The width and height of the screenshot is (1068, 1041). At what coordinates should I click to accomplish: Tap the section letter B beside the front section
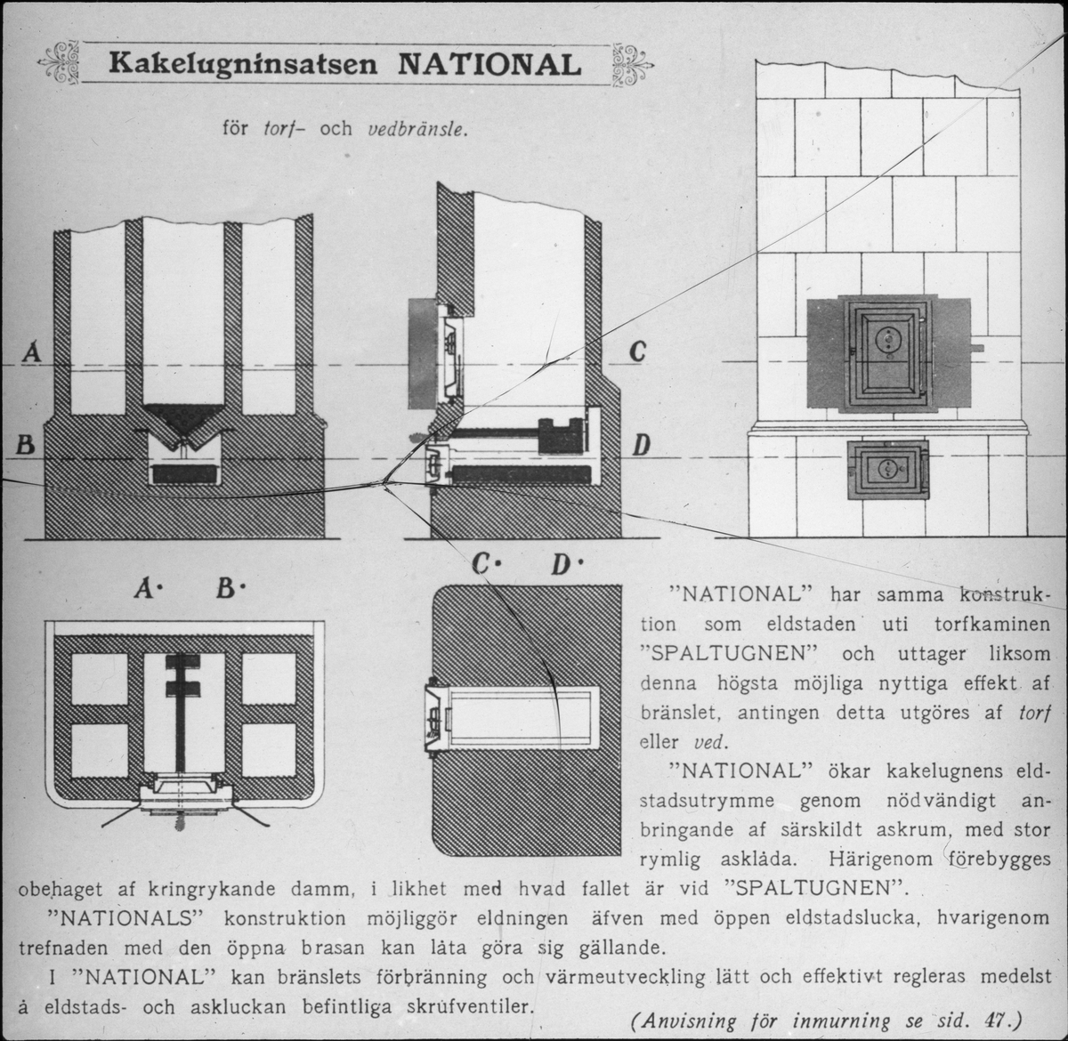(27, 444)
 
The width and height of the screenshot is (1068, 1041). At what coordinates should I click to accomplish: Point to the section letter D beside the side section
(639, 444)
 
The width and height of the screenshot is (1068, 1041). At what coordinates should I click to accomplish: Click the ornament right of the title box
(632, 64)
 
